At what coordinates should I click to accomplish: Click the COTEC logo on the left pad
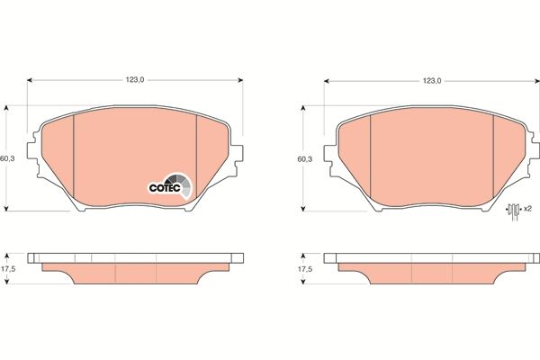(170, 186)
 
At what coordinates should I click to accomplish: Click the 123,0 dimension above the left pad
(135, 80)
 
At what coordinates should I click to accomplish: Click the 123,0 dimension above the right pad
(432, 80)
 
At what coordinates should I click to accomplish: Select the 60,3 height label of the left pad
(8, 159)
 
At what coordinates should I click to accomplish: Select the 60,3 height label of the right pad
(304, 159)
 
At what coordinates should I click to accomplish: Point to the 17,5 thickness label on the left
(8, 269)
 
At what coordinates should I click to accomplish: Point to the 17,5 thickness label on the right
(304, 269)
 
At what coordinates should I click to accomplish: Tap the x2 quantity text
(527, 210)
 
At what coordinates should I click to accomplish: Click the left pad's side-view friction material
(135, 273)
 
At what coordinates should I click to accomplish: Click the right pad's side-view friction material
(432, 273)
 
